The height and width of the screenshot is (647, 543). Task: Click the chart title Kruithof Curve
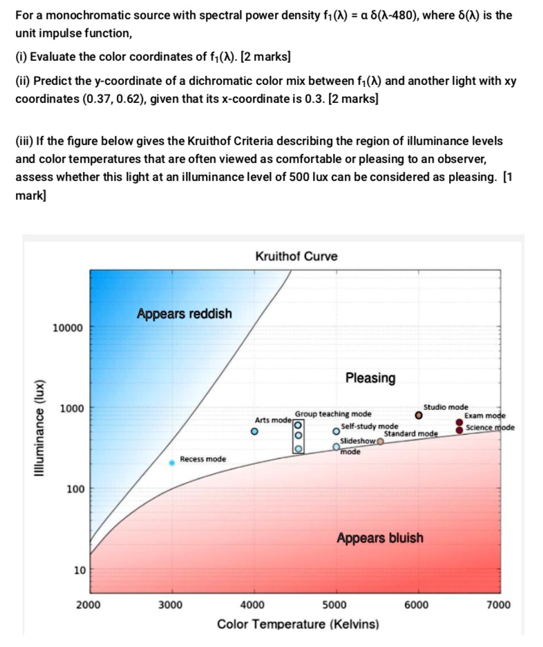point(296,256)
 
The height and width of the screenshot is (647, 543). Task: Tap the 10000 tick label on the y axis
point(68,327)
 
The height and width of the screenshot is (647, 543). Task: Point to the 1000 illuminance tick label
point(71,409)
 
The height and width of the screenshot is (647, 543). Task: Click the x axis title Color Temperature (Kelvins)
point(298,625)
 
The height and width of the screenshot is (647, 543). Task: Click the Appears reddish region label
point(184,314)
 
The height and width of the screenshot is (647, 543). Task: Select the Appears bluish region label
point(380,538)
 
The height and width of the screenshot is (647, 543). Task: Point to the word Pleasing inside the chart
point(370,378)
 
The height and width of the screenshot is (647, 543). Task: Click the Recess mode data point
point(172,462)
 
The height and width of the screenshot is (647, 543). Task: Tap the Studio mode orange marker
point(419,416)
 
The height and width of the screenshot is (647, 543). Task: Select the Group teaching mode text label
point(333,414)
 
